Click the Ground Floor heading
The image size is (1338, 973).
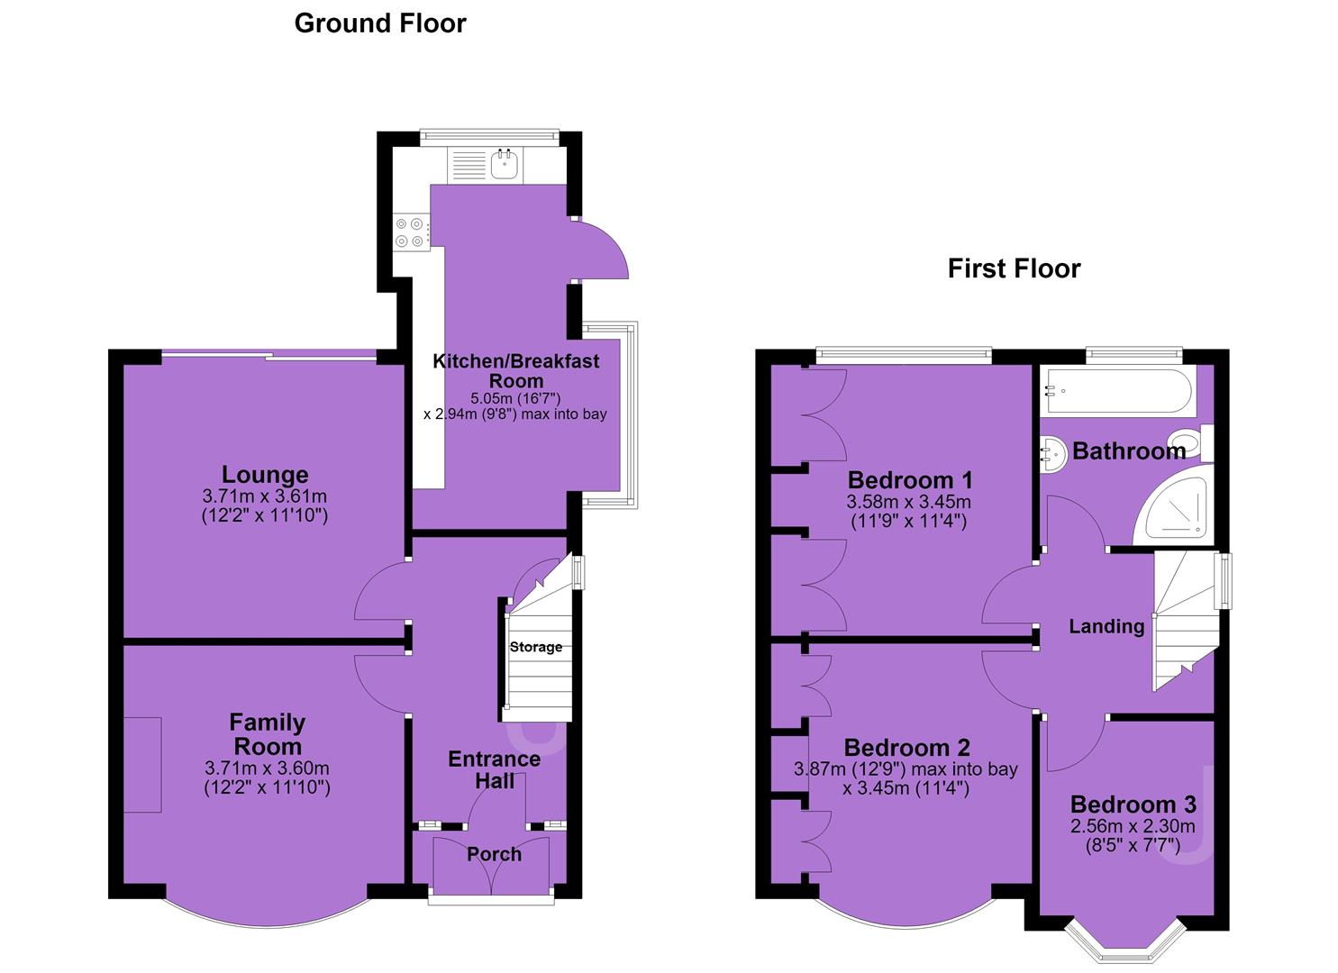(380, 24)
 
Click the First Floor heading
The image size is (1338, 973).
(1014, 268)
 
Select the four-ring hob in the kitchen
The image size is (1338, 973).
(411, 232)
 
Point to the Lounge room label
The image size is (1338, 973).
(265, 474)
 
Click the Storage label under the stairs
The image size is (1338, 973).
(536, 647)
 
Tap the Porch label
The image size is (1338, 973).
(494, 854)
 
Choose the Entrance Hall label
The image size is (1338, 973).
(495, 770)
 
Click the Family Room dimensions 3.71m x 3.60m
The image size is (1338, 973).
(267, 768)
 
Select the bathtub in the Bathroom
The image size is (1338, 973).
(1118, 392)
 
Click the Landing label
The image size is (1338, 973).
(1106, 626)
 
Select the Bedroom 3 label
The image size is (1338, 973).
(1133, 804)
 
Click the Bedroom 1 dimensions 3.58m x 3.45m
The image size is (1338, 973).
(908, 502)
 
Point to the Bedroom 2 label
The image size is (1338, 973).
(906, 747)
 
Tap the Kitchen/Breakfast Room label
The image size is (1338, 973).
(516, 371)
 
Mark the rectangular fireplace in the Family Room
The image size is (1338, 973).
(142, 765)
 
